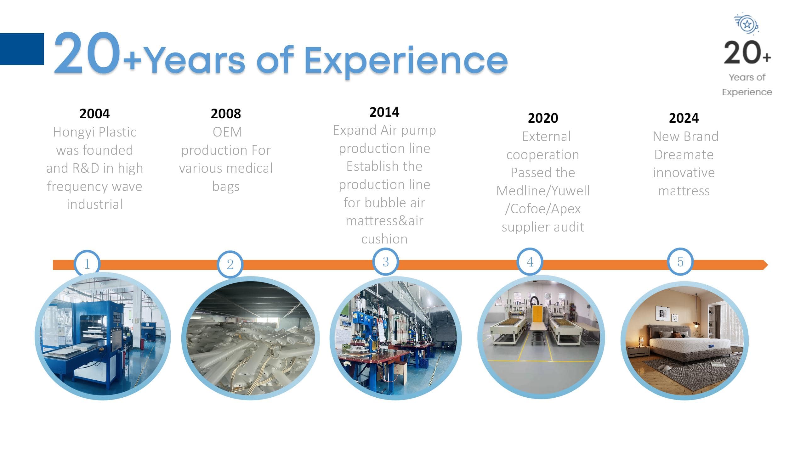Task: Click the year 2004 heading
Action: tap(94, 114)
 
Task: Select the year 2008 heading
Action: tap(226, 114)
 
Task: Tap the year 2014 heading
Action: tap(384, 112)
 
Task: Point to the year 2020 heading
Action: tap(543, 118)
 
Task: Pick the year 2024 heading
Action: tap(684, 118)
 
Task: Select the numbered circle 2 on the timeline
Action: tap(230, 264)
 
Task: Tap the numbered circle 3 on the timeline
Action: tap(386, 262)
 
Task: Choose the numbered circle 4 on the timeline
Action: tap(530, 262)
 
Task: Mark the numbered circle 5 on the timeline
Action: tap(680, 262)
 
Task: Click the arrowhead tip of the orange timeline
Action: tap(768, 265)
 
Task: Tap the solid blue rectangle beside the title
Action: tap(22, 49)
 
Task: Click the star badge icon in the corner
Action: tap(747, 24)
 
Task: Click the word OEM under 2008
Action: tap(227, 132)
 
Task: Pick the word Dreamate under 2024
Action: tap(684, 155)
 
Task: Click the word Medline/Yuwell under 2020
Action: tap(543, 191)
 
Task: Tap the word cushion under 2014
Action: tap(384, 239)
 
